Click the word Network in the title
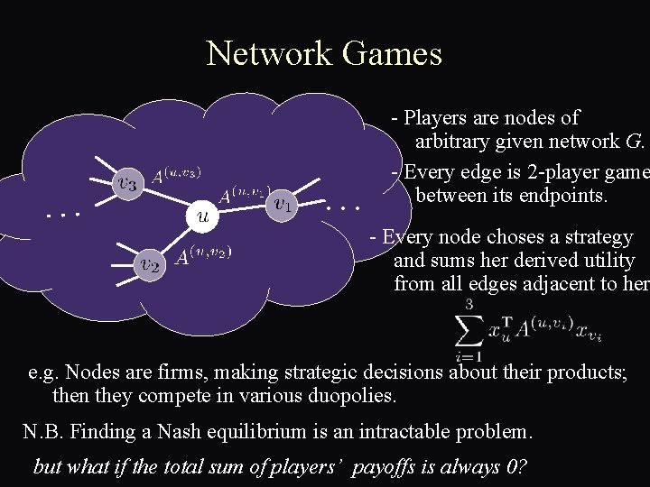click(x=270, y=54)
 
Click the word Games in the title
click(x=393, y=54)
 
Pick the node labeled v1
click(x=283, y=204)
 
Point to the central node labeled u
click(x=204, y=216)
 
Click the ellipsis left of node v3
click(x=64, y=215)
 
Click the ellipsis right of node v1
click(x=343, y=207)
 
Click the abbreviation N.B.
click(x=44, y=432)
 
